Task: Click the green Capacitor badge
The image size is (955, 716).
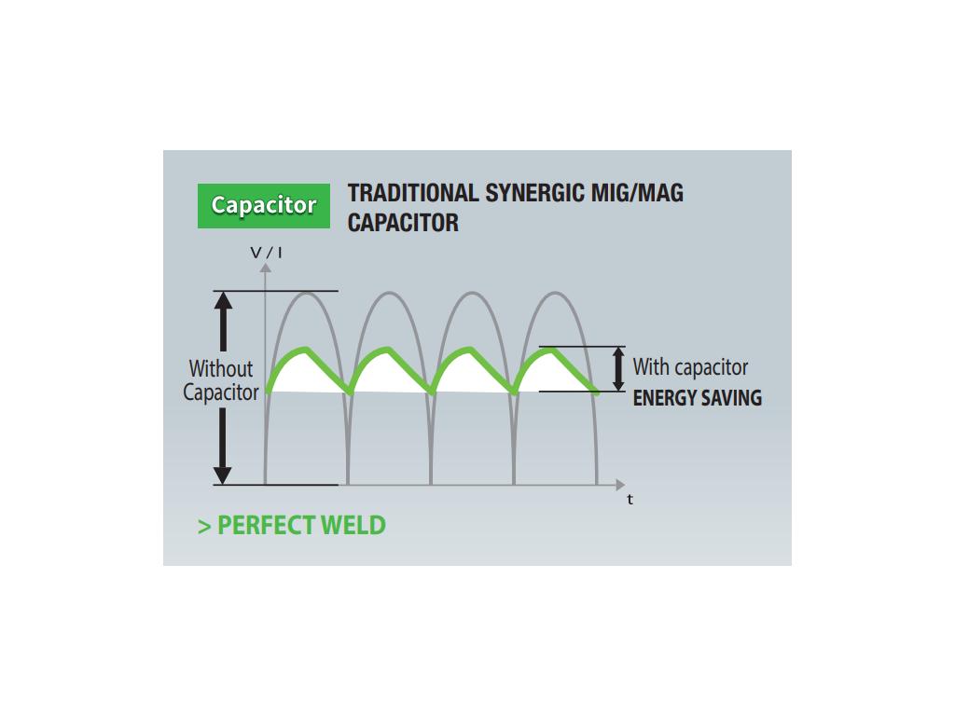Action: pos(264,206)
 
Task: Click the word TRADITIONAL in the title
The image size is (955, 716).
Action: pos(413,193)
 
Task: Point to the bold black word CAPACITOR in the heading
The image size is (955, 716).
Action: pos(403,223)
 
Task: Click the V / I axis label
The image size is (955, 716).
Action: pos(266,252)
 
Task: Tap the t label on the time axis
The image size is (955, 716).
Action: pos(630,500)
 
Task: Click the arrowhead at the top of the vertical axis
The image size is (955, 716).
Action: pos(266,268)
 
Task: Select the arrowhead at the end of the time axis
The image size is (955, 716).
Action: pos(620,485)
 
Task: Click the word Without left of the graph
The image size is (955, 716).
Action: pos(220,368)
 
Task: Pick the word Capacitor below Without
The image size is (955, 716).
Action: pos(221,392)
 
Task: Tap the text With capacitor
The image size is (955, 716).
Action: pos(690,367)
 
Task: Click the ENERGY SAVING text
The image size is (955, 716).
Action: pos(698,397)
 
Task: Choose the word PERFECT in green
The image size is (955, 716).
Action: pos(266,526)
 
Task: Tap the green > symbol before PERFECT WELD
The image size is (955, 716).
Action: pos(204,527)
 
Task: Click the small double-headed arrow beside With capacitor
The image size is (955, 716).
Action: pos(618,369)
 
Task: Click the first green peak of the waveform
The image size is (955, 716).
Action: pos(306,350)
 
